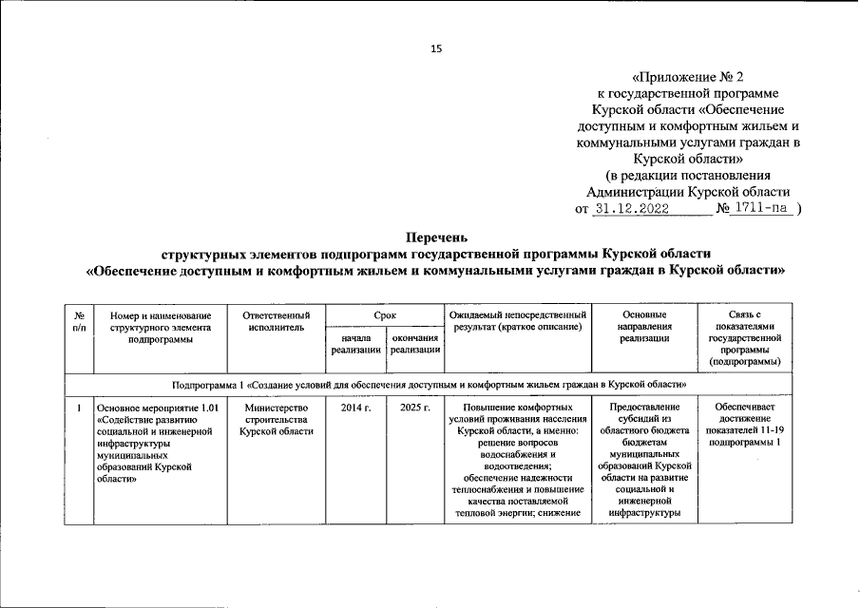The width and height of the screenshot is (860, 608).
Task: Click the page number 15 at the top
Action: (437, 48)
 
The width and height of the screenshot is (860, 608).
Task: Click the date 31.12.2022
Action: (634, 208)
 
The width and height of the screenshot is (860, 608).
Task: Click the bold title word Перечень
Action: (435, 237)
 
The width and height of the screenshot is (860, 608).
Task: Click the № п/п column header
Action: (78, 320)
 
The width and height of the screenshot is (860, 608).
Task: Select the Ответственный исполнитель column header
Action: (276, 320)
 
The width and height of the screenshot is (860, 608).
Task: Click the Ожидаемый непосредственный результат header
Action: (517, 320)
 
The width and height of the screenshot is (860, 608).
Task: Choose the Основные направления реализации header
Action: (644, 326)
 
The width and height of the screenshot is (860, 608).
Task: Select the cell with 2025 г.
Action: (415, 408)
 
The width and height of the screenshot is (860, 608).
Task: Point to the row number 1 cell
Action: (78, 408)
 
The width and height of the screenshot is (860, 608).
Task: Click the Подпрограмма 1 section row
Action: (430, 385)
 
